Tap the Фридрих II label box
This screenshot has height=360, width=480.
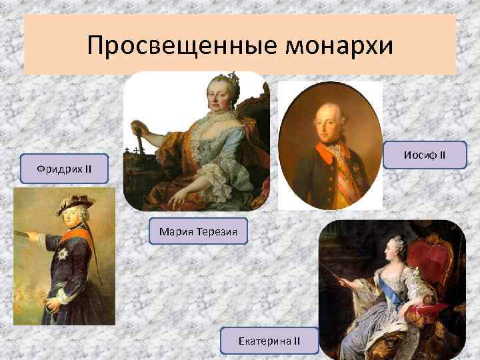63,169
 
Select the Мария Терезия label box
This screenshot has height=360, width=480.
198,231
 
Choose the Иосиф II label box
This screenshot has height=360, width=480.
425,155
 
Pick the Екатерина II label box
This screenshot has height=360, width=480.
269,341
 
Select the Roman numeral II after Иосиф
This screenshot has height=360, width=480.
441,155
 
